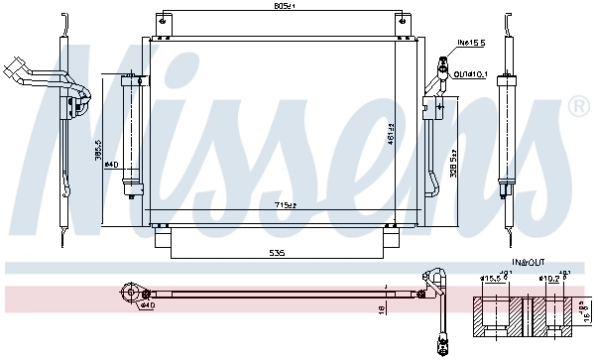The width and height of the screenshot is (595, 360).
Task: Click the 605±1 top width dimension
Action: click(x=285, y=7)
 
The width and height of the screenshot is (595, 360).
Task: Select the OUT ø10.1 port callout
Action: click(x=471, y=72)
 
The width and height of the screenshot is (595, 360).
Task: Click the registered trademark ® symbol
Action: click(x=577, y=104)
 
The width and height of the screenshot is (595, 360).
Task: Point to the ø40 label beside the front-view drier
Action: click(x=112, y=164)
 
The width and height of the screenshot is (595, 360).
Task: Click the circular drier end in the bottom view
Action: click(x=129, y=292)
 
